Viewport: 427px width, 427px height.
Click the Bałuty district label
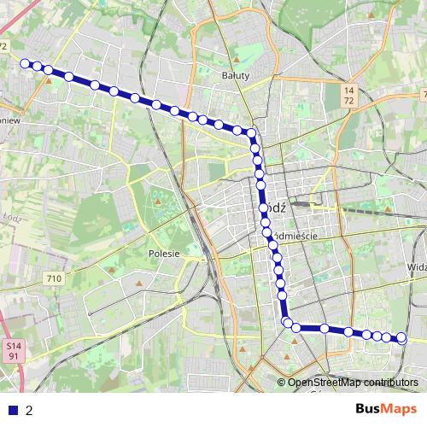[x=235, y=76]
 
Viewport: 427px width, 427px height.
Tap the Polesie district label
[x=163, y=254]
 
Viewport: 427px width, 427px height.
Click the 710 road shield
[x=55, y=278]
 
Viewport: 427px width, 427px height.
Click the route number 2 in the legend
[x=29, y=411]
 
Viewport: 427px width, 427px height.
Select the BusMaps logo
[x=386, y=409]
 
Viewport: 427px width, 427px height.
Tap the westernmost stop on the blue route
[x=25, y=62]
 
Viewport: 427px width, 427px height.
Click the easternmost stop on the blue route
[x=401, y=338]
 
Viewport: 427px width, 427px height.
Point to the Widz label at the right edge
[x=417, y=266]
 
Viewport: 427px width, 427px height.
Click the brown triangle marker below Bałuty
[x=237, y=60]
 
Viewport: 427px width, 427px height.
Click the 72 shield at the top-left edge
[x=3, y=45]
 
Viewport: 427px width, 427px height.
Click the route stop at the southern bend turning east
[x=287, y=322]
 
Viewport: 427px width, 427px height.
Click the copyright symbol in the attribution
[x=282, y=383]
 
